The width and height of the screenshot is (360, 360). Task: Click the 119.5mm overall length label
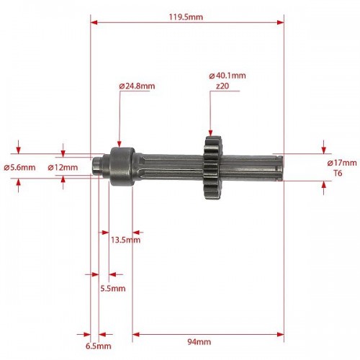[186, 17]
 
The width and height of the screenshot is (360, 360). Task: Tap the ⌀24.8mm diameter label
[137, 86]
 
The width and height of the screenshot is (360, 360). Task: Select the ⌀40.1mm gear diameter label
[228, 76]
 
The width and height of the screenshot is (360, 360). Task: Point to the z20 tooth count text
[222, 86]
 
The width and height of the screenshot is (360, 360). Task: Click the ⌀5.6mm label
[19, 167]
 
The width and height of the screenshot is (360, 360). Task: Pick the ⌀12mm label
[63, 167]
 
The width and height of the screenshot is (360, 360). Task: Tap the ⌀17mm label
[342, 163]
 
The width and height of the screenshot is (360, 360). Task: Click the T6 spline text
[338, 173]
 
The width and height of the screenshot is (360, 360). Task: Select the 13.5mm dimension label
[125, 240]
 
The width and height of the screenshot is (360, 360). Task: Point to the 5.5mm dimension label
[113, 288]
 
